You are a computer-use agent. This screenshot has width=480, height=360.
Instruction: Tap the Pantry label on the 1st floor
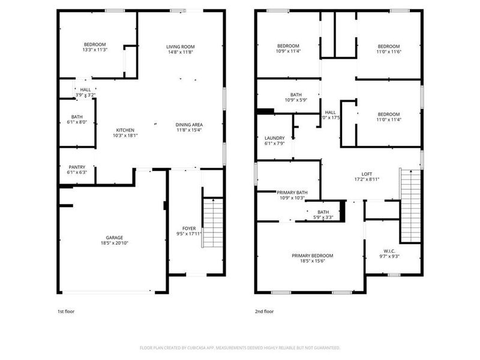(77, 167)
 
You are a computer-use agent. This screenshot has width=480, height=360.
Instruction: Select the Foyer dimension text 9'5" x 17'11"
(189, 235)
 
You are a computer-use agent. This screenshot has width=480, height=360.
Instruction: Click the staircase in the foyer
(212, 223)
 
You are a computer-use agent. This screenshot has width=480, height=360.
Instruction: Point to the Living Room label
(181, 47)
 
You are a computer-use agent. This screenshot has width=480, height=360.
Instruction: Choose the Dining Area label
(189, 124)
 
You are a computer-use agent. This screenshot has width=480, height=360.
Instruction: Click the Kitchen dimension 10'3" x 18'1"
(125, 136)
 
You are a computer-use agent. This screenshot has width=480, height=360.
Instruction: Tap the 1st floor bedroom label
(95, 44)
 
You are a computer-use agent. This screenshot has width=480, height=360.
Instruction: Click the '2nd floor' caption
(264, 312)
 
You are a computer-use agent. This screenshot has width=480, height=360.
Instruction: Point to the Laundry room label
(274, 138)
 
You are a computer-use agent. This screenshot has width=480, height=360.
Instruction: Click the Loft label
(367, 173)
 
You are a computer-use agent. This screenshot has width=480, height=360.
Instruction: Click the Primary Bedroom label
(312, 256)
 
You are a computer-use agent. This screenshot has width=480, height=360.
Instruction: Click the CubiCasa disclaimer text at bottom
(240, 348)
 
